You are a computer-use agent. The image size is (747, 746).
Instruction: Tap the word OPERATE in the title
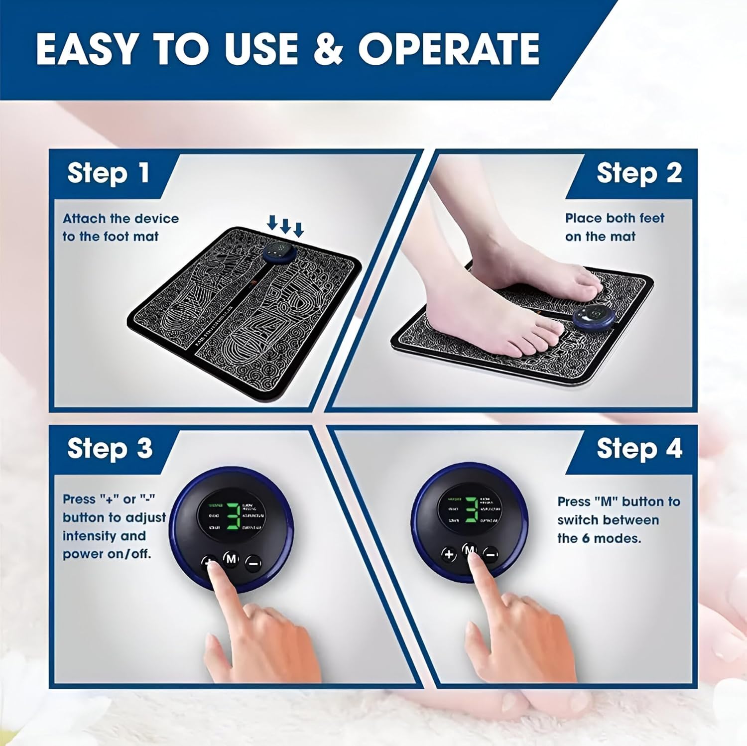tap(449, 49)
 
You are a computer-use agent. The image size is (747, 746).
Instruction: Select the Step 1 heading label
tap(108, 173)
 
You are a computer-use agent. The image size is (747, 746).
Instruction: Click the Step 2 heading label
tap(639, 173)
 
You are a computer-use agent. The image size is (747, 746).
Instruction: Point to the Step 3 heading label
tap(110, 448)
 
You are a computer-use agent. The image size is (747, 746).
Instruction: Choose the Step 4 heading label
tap(639, 448)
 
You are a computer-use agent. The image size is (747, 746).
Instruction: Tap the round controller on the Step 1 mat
tap(279, 252)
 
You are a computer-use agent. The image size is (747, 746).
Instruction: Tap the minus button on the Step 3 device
tap(253, 563)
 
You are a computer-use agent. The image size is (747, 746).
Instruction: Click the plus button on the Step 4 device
tap(449, 554)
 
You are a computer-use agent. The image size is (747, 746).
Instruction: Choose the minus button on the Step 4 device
tap(491, 554)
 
